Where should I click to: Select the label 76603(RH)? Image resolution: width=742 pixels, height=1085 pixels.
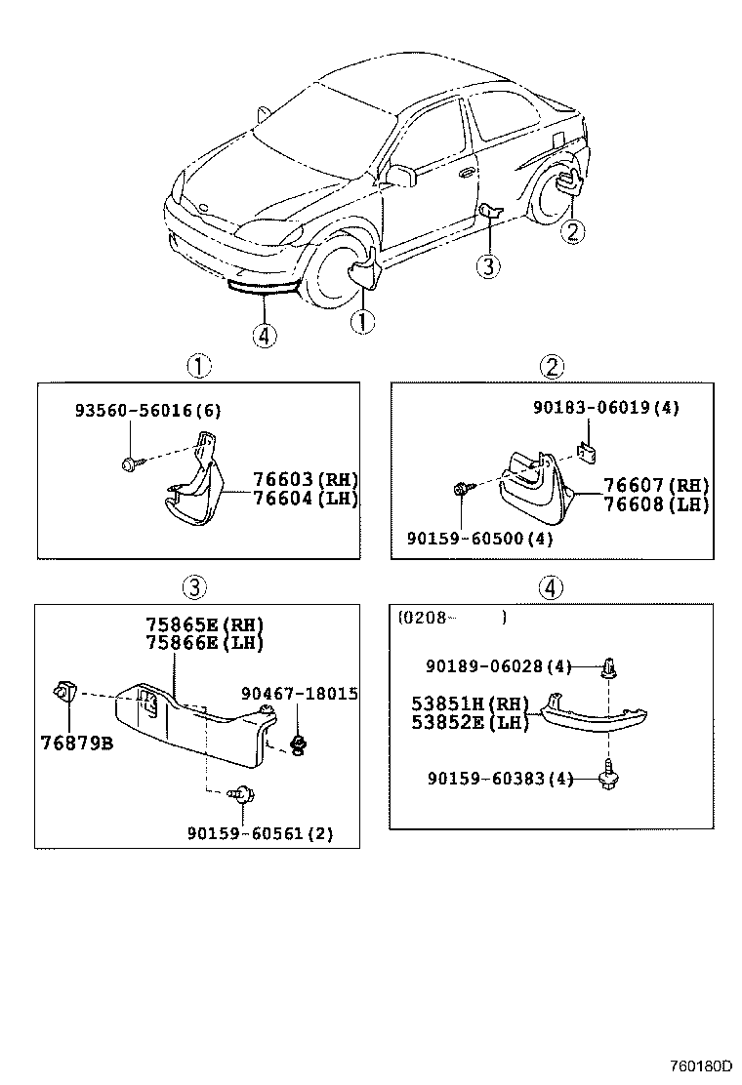306,480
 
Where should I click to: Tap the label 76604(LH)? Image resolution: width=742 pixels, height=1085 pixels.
306,499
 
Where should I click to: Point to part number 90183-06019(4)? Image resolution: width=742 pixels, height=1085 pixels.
606,409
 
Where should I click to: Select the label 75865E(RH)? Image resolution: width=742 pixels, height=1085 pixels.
204,624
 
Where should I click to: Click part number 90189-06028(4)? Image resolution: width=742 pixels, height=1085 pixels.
498,666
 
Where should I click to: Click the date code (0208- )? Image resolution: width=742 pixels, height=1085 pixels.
451,617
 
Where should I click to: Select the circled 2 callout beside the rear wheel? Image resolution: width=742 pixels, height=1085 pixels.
573,231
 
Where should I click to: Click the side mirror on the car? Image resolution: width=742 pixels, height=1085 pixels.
399,175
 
